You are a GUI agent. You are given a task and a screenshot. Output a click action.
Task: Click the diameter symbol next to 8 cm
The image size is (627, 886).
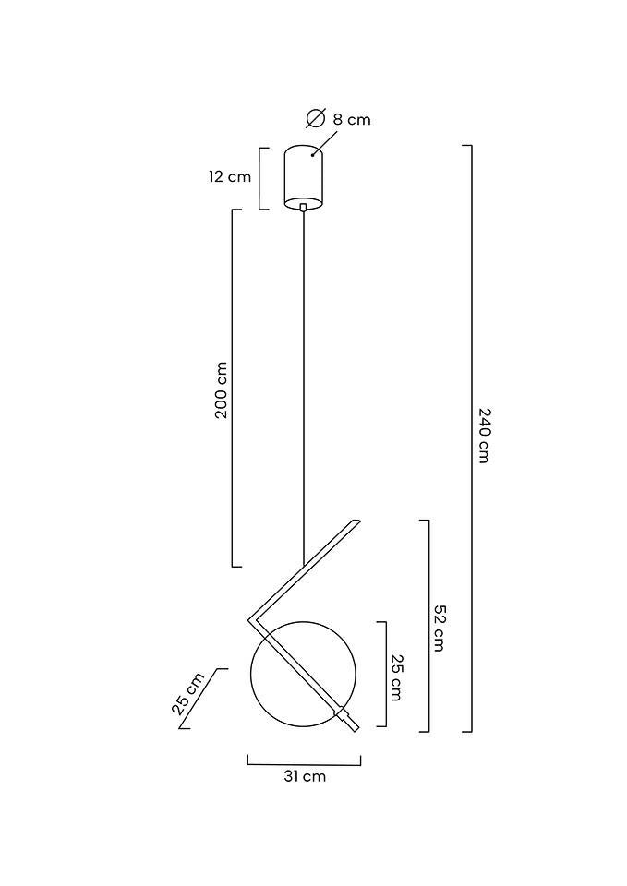coord(315,118)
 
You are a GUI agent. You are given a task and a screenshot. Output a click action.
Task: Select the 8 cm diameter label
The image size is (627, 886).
coord(352,119)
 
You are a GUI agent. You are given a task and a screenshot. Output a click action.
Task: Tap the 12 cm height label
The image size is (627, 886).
coord(229,176)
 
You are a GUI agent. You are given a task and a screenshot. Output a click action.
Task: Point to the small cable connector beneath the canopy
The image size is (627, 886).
coord(303,208)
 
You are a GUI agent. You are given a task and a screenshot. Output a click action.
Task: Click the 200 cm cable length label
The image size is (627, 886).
coord(221,390)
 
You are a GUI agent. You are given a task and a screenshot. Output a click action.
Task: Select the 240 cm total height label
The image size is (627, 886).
coord(485,435)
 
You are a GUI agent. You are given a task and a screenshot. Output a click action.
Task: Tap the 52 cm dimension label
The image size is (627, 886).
coord(440,628)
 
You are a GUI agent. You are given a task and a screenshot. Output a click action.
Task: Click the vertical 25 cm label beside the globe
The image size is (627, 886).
coord(396,676)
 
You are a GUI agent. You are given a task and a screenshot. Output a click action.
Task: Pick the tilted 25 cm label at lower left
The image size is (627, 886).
coord(187,694)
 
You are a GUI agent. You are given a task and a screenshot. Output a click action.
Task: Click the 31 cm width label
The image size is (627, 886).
coord(304,777)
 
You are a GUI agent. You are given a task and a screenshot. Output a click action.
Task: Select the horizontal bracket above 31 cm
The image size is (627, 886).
coord(304,763)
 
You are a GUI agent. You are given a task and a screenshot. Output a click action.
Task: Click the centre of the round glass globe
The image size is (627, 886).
coord(303,674)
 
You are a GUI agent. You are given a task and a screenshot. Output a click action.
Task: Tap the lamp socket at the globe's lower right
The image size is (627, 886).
coord(344,716)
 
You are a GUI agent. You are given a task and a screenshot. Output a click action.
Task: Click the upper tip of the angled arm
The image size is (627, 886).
coord(355,522)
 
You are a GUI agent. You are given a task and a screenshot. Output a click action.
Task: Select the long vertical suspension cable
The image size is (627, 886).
coord(303,388)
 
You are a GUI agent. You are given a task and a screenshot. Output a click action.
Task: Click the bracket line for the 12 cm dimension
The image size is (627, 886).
coord(261,177)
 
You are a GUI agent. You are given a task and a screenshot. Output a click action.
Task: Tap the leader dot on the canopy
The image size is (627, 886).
coord(312,154)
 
